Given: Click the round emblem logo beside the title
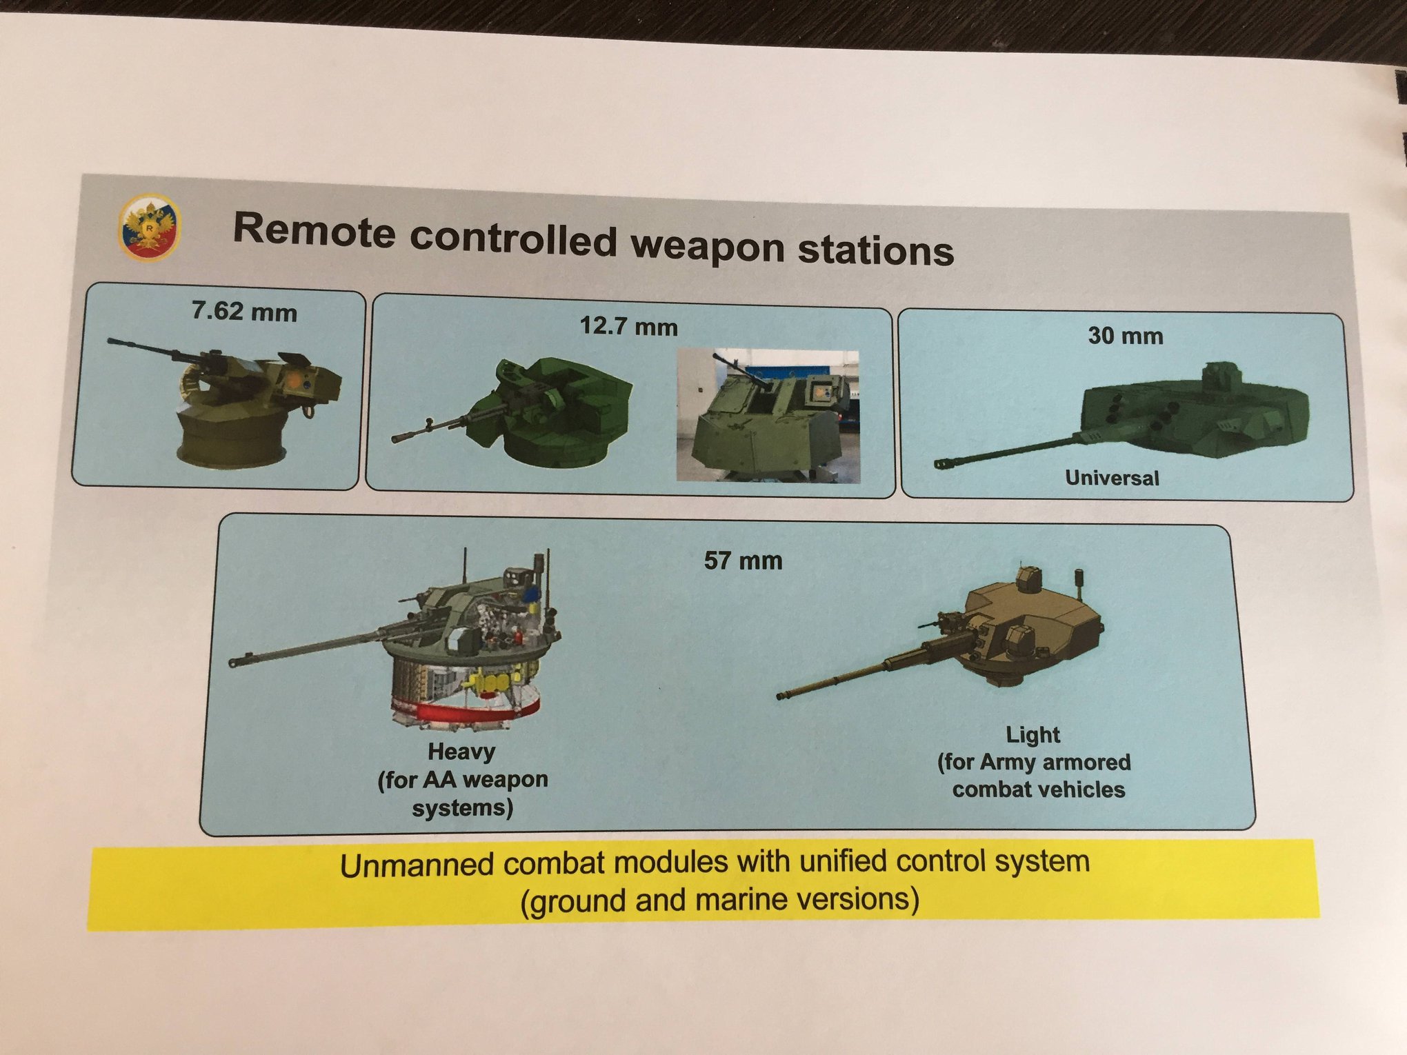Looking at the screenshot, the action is pyautogui.click(x=150, y=227).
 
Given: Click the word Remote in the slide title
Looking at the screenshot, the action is pyautogui.click(x=315, y=229).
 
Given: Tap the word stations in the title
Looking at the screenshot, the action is pyautogui.click(x=876, y=249).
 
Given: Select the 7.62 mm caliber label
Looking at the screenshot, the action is pyautogui.click(x=244, y=311).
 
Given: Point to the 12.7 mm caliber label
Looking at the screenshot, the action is pyautogui.click(x=628, y=325).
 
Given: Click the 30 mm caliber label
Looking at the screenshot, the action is pyautogui.click(x=1126, y=336).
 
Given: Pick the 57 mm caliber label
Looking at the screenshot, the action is pyautogui.click(x=743, y=561).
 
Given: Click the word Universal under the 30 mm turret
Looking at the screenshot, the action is pyautogui.click(x=1112, y=478).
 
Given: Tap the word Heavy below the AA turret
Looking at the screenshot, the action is pyautogui.click(x=461, y=752).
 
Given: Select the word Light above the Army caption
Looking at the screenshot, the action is pyautogui.click(x=1032, y=735).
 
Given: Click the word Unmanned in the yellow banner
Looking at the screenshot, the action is pyautogui.click(x=416, y=865).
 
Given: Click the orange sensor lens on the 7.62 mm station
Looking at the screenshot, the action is pyautogui.click(x=295, y=379).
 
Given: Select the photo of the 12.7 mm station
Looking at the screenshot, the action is pyautogui.click(x=768, y=416).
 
